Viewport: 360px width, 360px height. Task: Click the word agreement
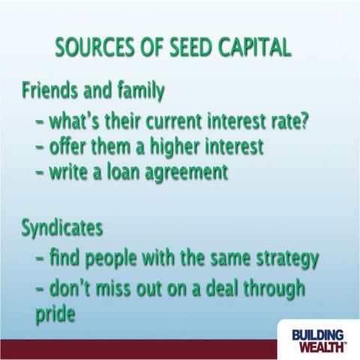pyautogui.click(x=189, y=172)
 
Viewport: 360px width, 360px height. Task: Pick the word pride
pyautogui.click(x=55, y=314)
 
